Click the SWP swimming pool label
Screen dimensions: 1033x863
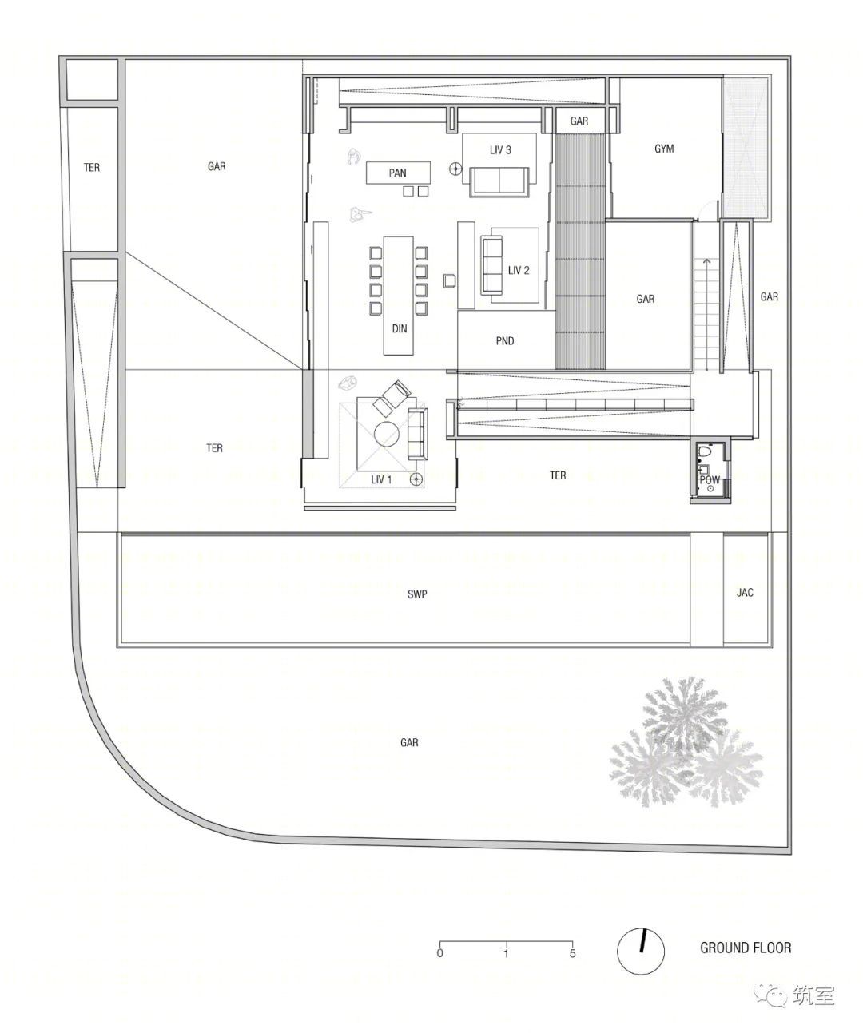[417, 594]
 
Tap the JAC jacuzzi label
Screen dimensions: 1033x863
[745, 593]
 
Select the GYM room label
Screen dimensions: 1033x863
[664, 149]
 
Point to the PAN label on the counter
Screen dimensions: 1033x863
[397, 173]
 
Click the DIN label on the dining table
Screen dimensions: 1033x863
[400, 328]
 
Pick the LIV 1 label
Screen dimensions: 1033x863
[382, 479]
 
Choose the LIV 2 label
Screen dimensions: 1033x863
[519, 270]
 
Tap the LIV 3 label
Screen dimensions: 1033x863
[500, 149]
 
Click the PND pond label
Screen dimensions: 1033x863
[505, 340]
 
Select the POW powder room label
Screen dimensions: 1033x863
[710, 480]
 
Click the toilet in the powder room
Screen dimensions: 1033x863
[704, 454]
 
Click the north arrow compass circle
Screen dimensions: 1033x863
[641, 951]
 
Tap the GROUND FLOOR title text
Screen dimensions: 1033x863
[746, 948]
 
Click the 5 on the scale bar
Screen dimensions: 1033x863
[572, 952]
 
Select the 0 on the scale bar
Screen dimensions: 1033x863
[439, 952]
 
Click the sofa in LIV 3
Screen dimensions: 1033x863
[500, 181]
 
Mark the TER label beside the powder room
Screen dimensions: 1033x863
[558, 475]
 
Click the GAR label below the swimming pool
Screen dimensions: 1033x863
[409, 742]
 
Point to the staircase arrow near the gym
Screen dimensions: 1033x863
[706, 263]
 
